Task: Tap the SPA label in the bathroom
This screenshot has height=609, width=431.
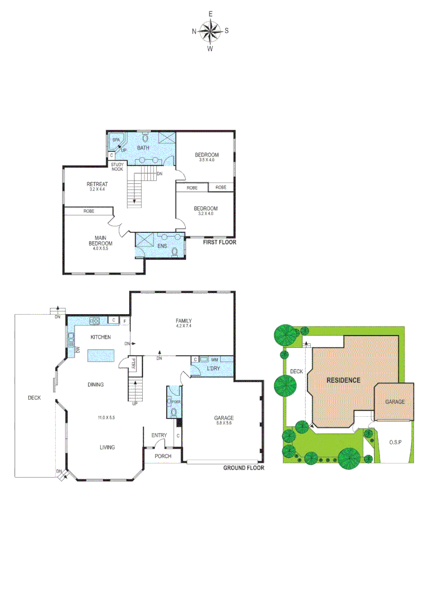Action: point(116,139)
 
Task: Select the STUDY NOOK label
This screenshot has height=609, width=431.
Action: point(117,167)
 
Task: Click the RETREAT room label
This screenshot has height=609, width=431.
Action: point(97,184)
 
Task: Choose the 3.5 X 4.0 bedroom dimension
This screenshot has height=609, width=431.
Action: point(206,160)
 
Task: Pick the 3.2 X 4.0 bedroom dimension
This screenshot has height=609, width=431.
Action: point(206,214)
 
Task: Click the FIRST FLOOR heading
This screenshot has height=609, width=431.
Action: point(219,242)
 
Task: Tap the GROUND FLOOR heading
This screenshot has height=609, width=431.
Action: point(244,468)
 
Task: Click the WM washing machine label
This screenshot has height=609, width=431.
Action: point(214,359)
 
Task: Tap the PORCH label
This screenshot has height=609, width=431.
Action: point(163,456)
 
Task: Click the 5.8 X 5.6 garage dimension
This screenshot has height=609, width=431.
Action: point(223,423)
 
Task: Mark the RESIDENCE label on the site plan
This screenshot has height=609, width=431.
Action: point(344,380)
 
